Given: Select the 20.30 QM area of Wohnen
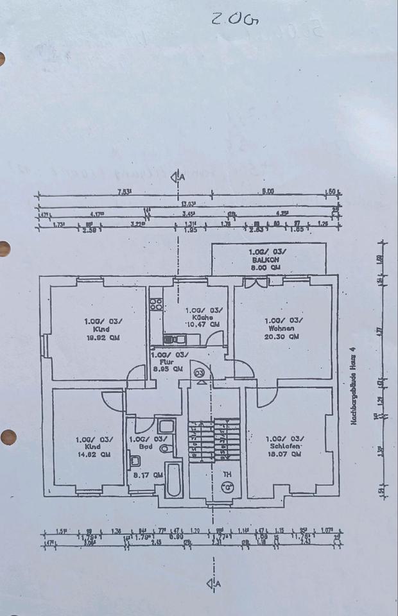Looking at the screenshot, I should [284, 336].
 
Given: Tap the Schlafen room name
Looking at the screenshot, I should [284, 446].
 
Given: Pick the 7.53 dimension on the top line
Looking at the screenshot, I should [124, 191].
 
